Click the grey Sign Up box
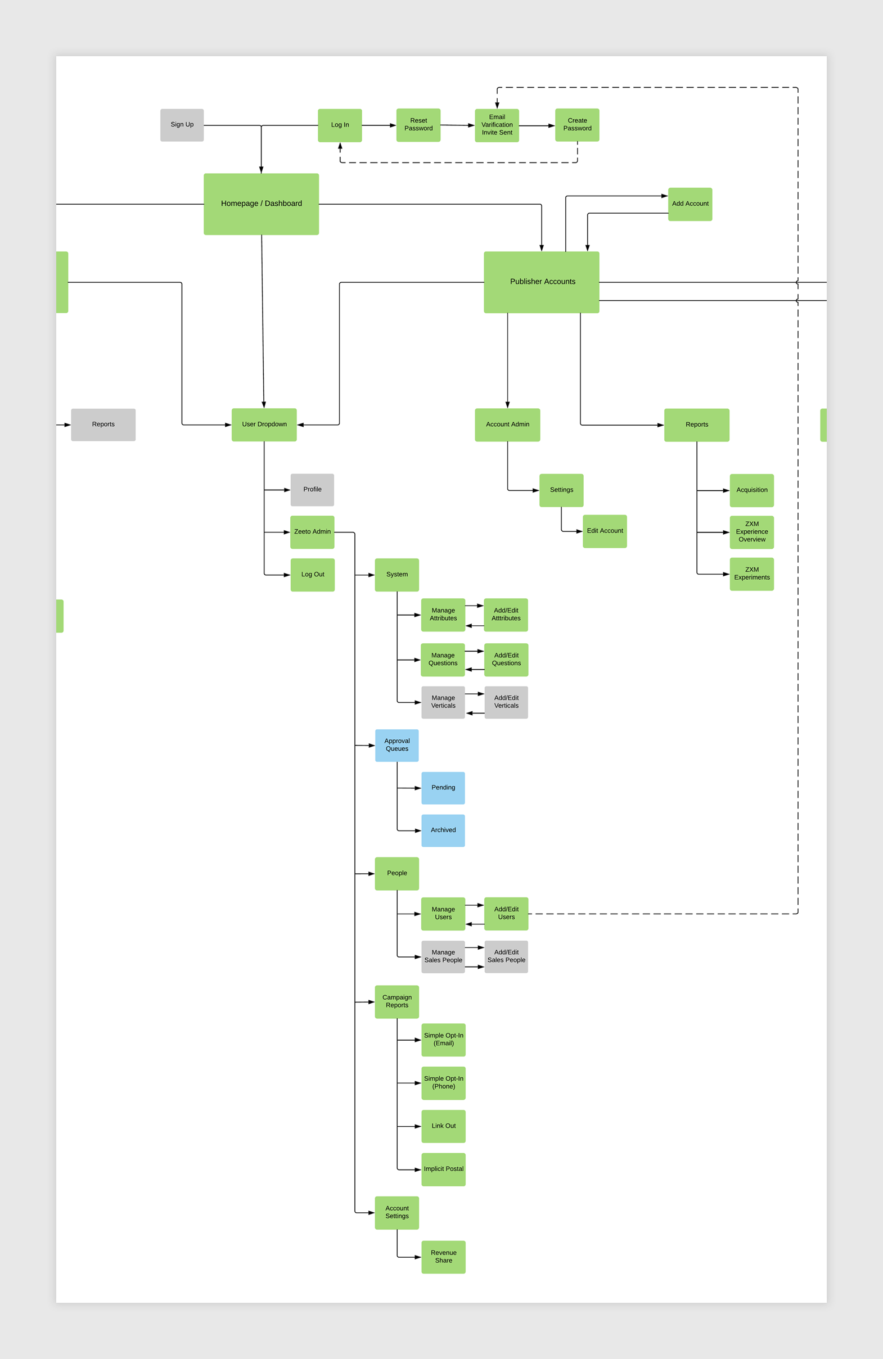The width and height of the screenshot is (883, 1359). point(182,125)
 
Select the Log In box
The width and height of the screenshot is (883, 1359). point(340,125)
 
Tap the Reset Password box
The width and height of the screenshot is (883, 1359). point(418,125)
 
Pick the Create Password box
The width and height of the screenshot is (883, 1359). point(577,125)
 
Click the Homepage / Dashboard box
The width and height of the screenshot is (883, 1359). point(261,204)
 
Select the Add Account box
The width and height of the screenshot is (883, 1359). point(690,204)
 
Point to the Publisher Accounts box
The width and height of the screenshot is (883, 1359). point(542,282)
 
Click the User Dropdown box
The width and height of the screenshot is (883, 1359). point(264,425)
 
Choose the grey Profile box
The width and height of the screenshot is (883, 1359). point(312,489)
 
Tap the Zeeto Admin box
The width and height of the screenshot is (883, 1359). point(312,531)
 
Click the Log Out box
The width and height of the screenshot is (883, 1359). point(312,575)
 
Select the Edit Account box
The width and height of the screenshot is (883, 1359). point(604,531)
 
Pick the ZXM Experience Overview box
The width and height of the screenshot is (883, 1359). point(751,531)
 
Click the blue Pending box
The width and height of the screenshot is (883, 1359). point(443,787)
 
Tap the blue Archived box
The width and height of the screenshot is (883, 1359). point(443,830)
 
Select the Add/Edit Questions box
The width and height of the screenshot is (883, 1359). point(506,660)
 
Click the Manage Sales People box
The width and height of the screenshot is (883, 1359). point(443,956)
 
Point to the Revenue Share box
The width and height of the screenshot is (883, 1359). point(443,1256)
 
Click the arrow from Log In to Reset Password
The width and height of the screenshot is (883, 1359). point(379,125)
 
